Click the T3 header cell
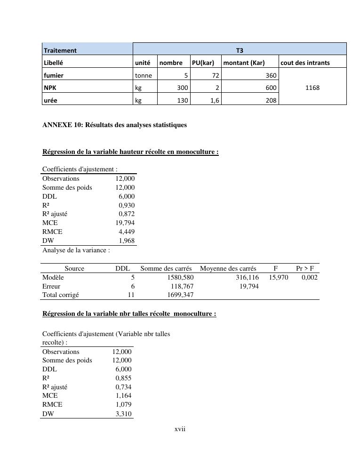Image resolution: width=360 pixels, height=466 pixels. [x=240, y=49]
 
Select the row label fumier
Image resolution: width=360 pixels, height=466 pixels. [x=53, y=75]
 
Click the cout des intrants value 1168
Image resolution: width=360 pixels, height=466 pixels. [x=312, y=88]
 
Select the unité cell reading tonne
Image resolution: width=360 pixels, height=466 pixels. [x=143, y=75]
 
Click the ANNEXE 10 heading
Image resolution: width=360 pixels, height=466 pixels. [x=114, y=125]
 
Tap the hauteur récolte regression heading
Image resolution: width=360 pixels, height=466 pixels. [x=130, y=152]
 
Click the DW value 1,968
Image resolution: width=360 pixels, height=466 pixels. [x=126, y=241]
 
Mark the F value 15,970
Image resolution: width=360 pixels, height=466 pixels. [x=279, y=278]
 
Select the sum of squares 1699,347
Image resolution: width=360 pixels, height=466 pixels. [x=180, y=295]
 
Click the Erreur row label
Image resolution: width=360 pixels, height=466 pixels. [x=51, y=286]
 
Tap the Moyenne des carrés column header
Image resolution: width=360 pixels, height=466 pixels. [x=228, y=269]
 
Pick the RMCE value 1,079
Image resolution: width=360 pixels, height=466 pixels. [x=124, y=404]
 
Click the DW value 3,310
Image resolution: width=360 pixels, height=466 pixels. [x=124, y=414]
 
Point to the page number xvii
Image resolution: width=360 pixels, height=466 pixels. [x=180, y=429]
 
